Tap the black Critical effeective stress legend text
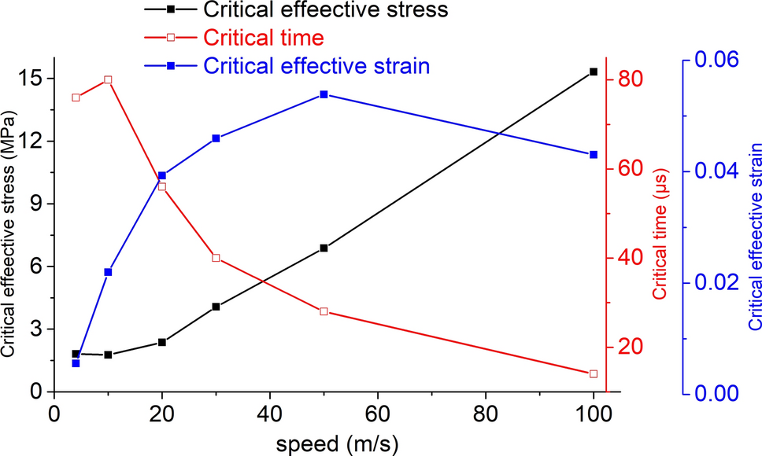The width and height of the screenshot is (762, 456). point(325,10)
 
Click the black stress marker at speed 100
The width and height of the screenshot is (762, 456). point(594,72)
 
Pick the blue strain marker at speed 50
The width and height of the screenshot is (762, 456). point(324,94)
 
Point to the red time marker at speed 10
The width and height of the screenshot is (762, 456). point(109,79)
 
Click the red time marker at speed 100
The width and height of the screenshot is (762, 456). point(594,373)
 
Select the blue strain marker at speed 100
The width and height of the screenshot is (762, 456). point(594,155)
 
